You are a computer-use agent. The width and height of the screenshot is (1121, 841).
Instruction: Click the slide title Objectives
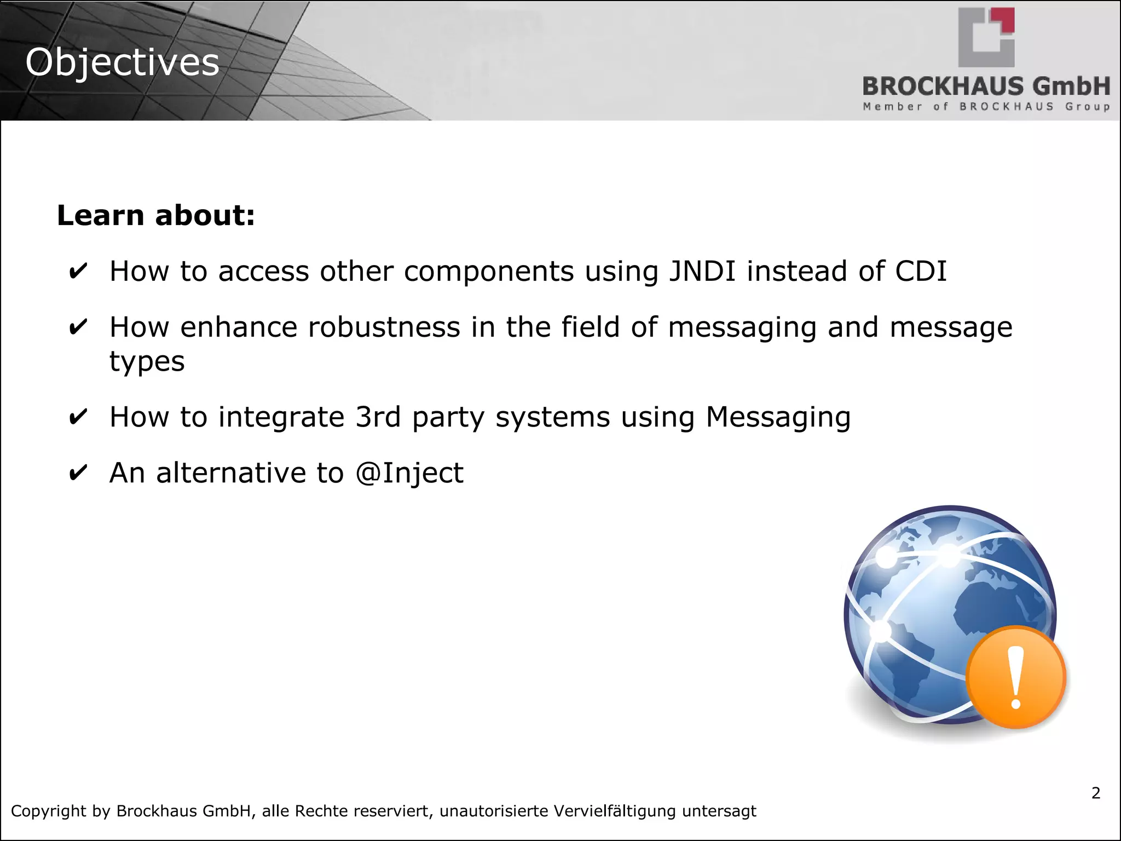pos(122,62)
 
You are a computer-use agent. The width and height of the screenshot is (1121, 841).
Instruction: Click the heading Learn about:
pos(156,215)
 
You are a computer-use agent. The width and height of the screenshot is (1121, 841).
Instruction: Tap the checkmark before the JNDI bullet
pos(78,271)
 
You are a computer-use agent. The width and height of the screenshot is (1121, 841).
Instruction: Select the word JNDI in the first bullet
pos(702,271)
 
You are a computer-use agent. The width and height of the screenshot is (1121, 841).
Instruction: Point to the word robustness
pos(384,327)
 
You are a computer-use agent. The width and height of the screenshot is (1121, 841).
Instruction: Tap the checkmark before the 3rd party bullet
pos(78,417)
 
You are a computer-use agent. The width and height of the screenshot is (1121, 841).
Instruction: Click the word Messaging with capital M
pos(778,417)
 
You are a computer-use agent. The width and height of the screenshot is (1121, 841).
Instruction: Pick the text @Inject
pos(409,473)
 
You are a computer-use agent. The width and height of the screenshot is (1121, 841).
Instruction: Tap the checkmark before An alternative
pos(78,473)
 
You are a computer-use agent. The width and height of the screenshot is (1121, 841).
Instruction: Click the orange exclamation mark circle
pos(1016,677)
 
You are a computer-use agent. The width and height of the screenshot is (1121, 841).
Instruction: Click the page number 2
pos(1095,793)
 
